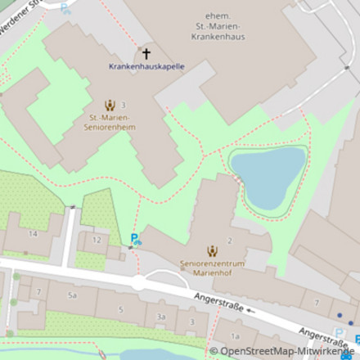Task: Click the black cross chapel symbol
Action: click(x=146, y=54)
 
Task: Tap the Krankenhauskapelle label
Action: click(x=146, y=66)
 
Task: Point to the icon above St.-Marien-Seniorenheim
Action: click(x=110, y=105)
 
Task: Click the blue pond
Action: click(x=267, y=175)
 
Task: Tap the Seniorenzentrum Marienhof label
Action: click(x=212, y=268)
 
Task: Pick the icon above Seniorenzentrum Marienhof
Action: click(x=212, y=251)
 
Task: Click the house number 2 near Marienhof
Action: click(x=230, y=241)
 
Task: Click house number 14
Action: click(x=33, y=233)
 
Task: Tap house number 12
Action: click(x=97, y=240)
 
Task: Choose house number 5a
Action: click(x=72, y=295)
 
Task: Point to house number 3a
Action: click(x=161, y=317)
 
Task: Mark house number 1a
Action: click(x=236, y=336)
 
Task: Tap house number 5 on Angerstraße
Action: click(x=120, y=309)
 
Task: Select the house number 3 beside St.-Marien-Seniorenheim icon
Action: click(x=124, y=105)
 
